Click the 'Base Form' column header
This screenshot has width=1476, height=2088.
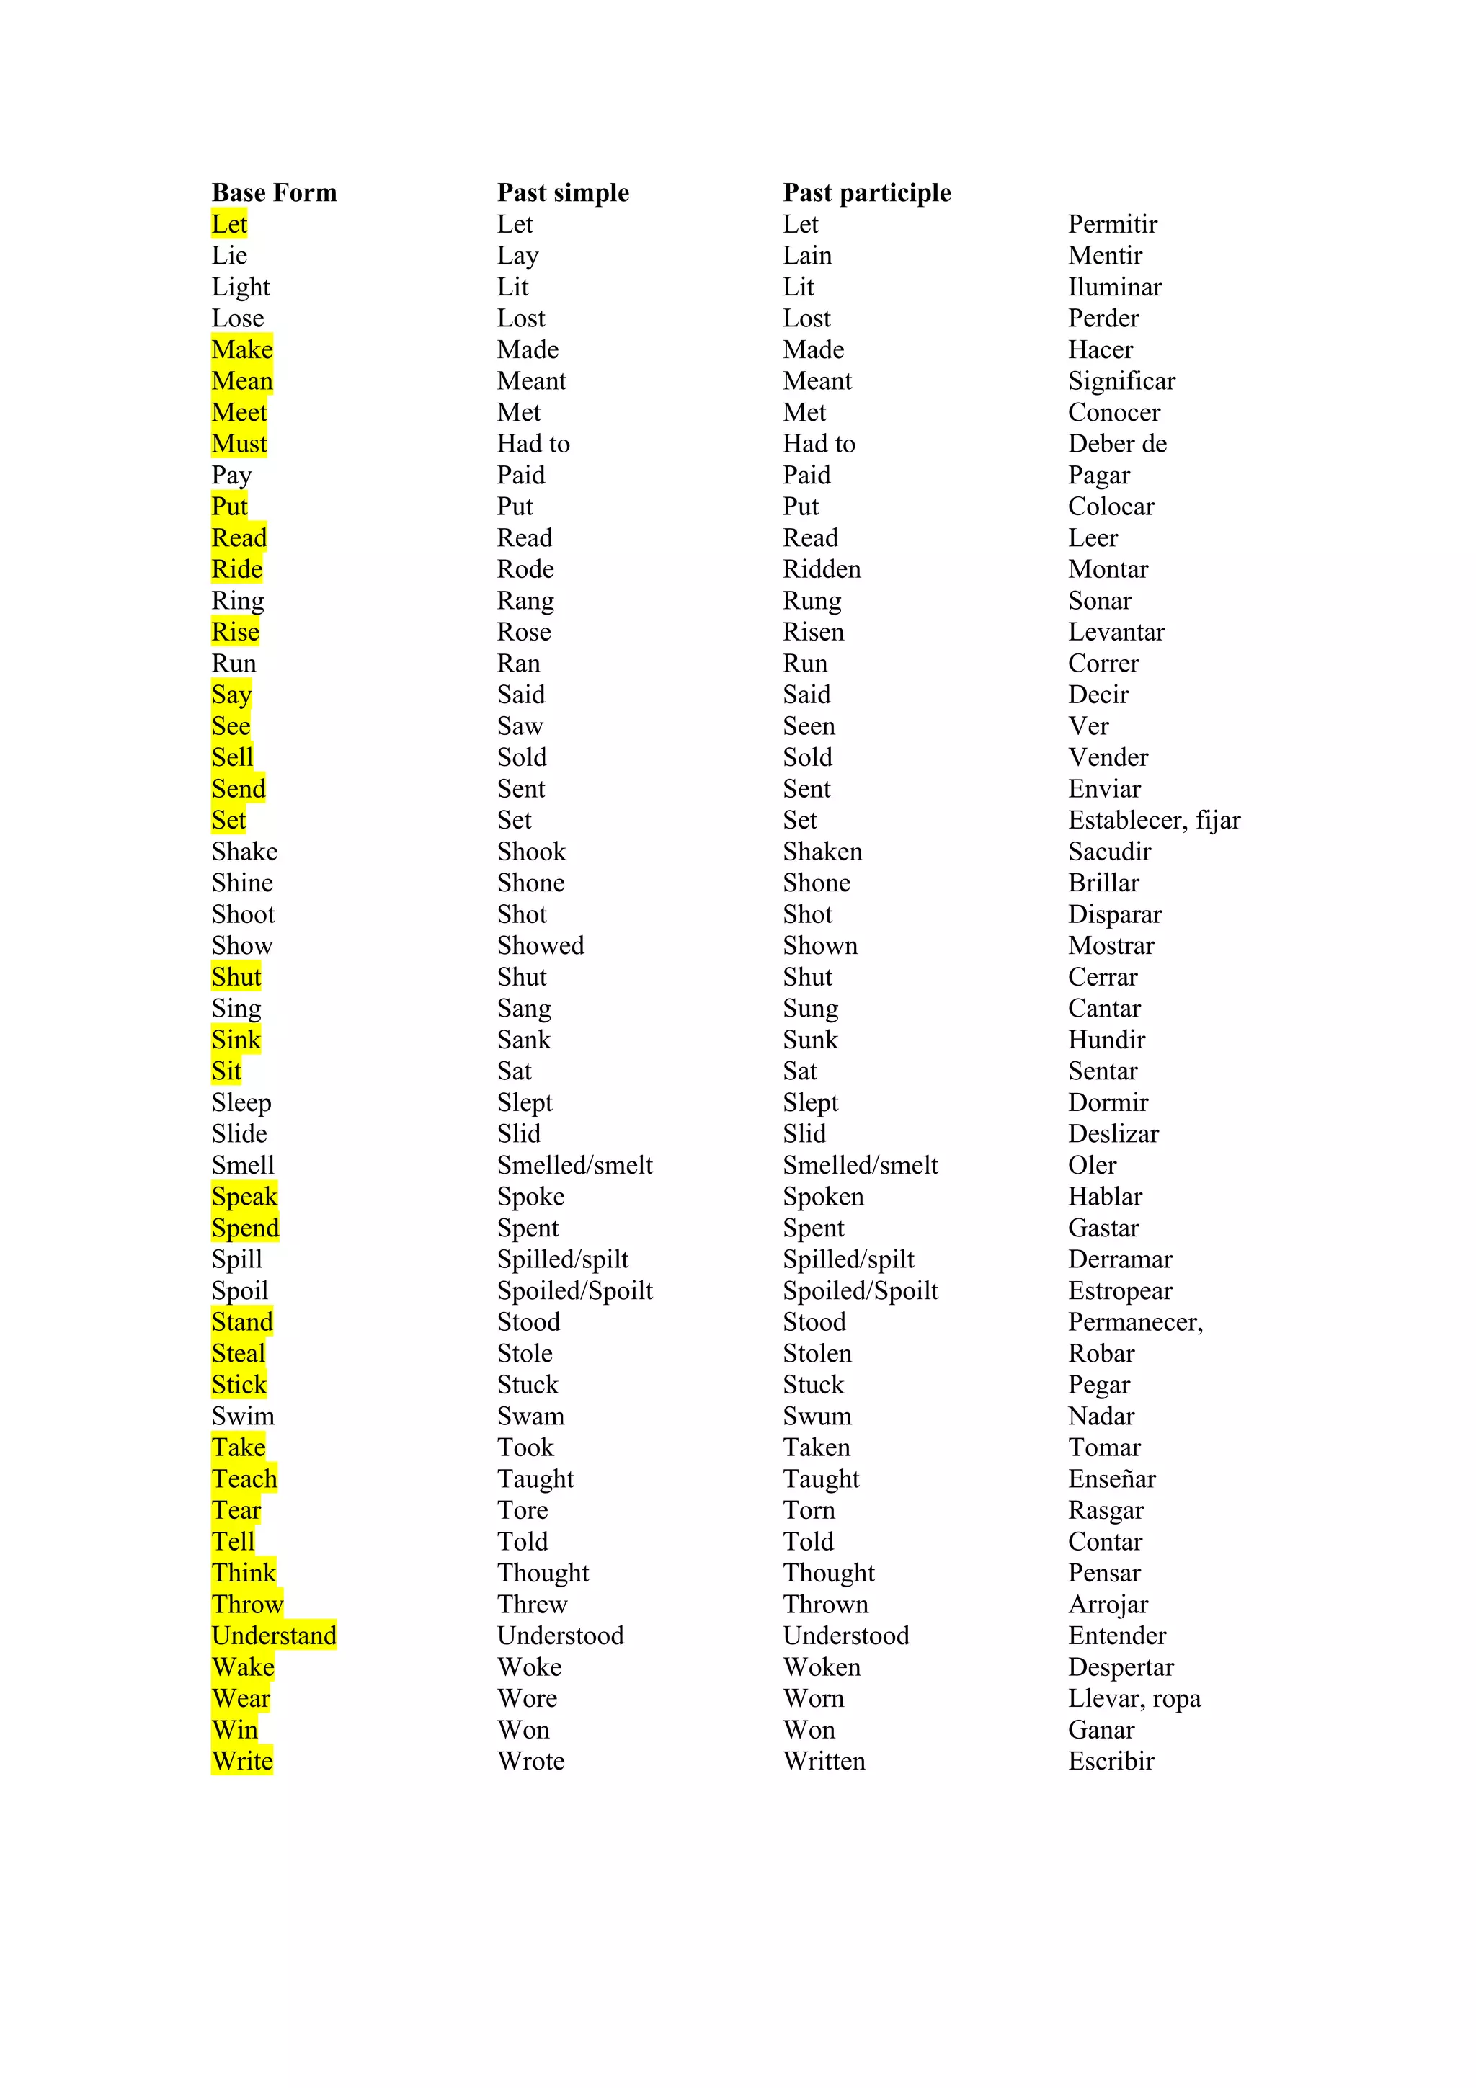coord(274,193)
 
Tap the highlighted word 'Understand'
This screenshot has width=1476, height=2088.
coord(274,1635)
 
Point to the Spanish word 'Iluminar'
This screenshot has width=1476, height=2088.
coord(1114,287)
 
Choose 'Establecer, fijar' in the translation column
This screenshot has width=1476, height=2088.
coord(1153,820)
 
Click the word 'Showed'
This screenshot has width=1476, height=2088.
coord(541,946)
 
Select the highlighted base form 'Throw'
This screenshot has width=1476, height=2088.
coord(247,1605)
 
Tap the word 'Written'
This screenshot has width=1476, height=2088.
coord(824,1761)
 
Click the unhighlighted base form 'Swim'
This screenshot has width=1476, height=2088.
coord(243,1416)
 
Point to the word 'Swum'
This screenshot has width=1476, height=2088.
coord(817,1416)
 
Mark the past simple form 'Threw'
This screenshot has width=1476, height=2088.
coord(532,1605)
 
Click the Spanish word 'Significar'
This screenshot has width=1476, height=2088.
coord(1121,381)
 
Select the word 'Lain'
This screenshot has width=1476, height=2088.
coord(806,256)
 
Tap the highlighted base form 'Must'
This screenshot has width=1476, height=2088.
coord(239,444)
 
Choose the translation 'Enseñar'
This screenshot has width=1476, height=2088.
coord(1111,1478)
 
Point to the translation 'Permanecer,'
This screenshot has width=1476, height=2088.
coord(1135,1322)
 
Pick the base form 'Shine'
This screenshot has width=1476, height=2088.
coord(242,883)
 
